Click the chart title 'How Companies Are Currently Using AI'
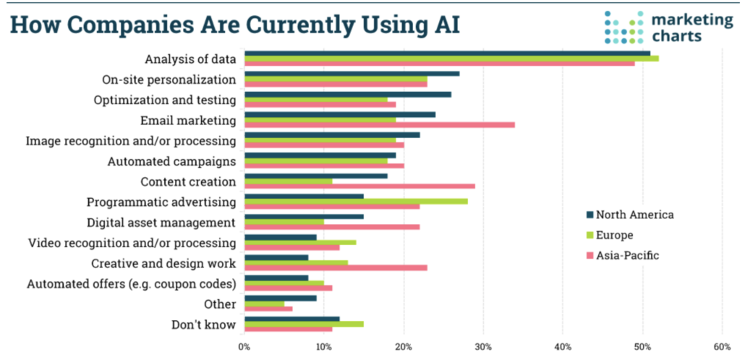(234, 24)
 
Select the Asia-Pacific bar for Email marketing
(380, 124)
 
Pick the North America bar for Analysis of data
(447, 53)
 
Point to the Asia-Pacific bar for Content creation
(359, 186)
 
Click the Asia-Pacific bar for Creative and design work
(336, 267)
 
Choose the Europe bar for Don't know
(304, 323)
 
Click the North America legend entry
(629, 215)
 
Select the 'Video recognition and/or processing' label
(132, 242)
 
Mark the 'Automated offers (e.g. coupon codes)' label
(131, 283)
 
